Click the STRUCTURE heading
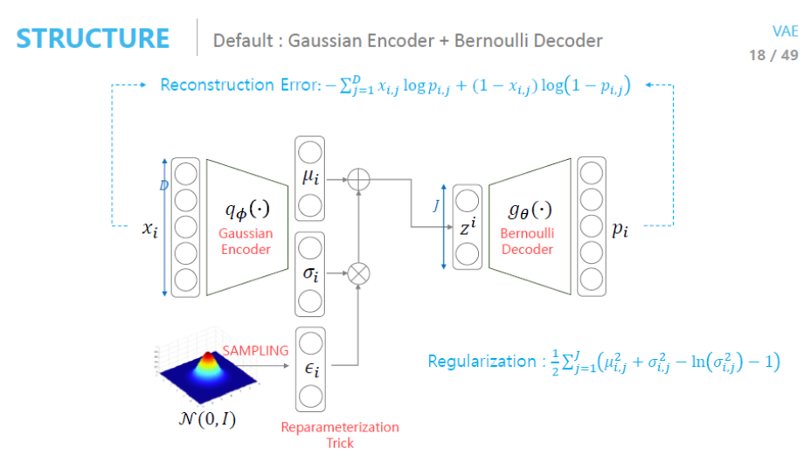click(x=94, y=39)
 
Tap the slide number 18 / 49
click(x=773, y=55)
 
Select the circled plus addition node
click(x=359, y=180)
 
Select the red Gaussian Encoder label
click(x=246, y=242)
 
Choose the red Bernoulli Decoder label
click(x=527, y=242)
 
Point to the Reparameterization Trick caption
click(x=340, y=435)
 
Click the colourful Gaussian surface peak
click(x=209, y=358)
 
